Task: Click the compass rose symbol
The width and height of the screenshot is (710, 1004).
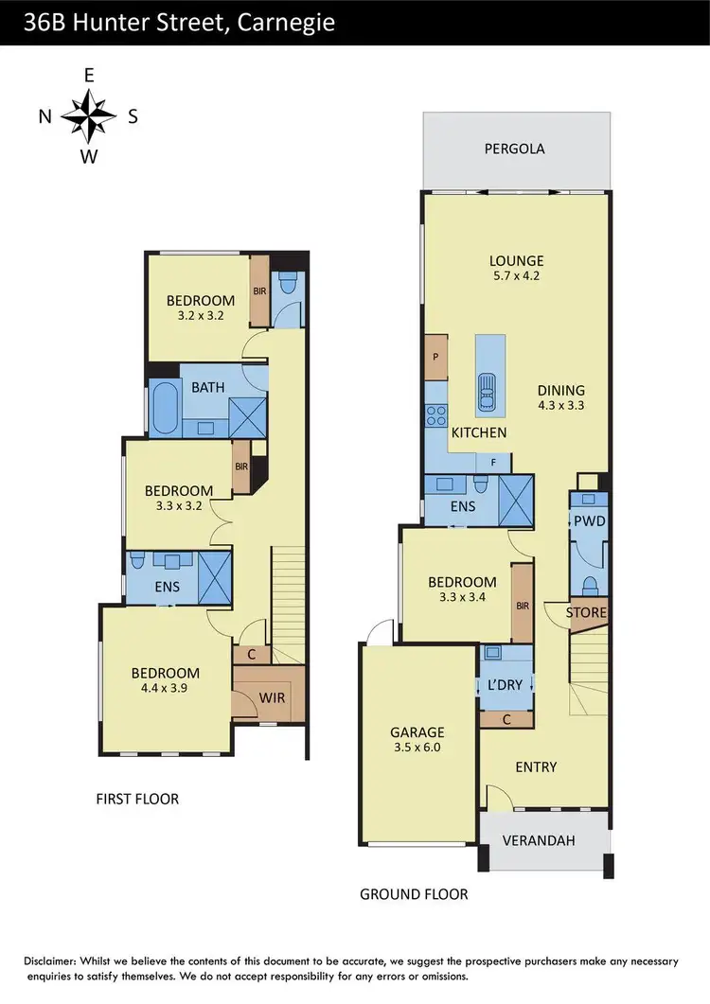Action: [x=88, y=116]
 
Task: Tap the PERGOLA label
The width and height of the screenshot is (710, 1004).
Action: [x=514, y=149]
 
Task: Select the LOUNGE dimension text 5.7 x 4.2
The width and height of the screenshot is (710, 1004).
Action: [x=516, y=278]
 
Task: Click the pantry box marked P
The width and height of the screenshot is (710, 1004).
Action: [x=435, y=358]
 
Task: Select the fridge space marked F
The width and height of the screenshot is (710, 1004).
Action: [x=492, y=462]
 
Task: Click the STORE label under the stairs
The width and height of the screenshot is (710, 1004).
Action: [x=586, y=612]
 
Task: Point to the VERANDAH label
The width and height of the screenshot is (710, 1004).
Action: [x=542, y=840]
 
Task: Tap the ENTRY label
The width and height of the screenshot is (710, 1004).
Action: [x=536, y=766]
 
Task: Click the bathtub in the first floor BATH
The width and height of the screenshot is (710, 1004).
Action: [x=164, y=408]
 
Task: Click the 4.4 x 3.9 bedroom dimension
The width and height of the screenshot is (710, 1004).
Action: [x=166, y=689]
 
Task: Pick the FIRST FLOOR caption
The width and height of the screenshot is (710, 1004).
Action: [x=137, y=799]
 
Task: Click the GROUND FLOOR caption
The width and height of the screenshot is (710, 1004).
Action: [x=414, y=893]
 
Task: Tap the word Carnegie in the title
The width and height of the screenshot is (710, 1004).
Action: [x=284, y=22]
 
